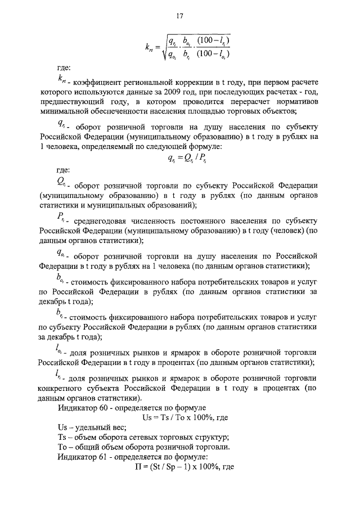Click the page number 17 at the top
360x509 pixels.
tap(180, 16)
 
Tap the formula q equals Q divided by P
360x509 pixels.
tap(188, 158)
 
